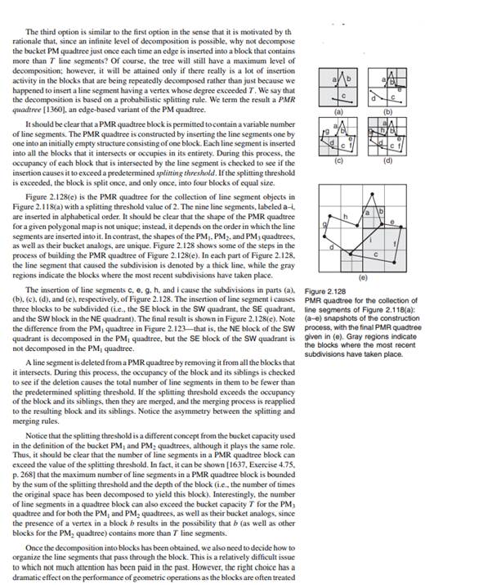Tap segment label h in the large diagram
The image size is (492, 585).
tap(347, 215)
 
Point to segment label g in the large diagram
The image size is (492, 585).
tap(324, 223)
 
